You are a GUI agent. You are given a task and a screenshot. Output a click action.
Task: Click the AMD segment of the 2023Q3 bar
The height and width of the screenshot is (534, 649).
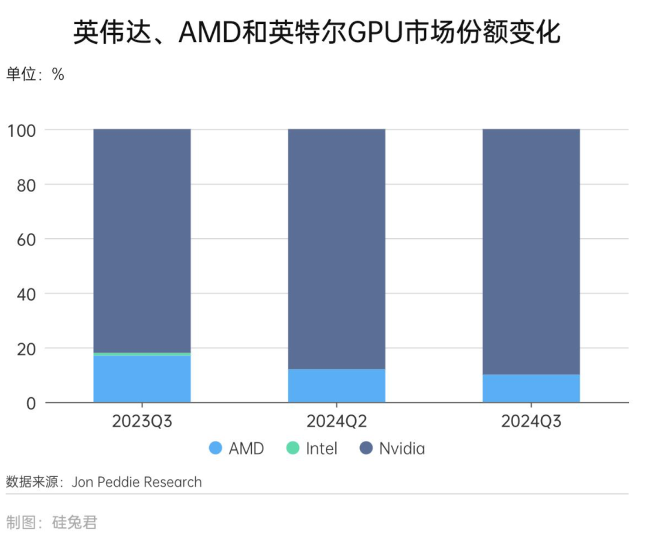tap(142, 379)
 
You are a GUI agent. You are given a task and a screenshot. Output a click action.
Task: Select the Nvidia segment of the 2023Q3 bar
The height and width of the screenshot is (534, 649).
tap(142, 240)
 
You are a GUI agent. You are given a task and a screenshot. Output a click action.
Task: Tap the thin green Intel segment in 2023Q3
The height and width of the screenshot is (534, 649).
tap(142, 354)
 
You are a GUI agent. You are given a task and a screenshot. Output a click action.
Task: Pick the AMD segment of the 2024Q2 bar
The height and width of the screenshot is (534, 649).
tap(337, 385)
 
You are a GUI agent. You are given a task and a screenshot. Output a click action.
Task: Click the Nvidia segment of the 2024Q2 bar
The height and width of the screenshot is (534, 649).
tap(337, 246)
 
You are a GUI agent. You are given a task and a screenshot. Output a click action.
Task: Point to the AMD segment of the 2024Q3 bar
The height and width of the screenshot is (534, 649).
tap(531, 388)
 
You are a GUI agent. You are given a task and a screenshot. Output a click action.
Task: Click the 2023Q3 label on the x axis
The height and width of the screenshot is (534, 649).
tap(142, 421)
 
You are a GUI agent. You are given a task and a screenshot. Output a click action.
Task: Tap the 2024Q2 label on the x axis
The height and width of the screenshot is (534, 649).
tap(337, 421)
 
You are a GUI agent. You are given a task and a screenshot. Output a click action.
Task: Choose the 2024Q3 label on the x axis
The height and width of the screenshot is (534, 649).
tap(531, 421)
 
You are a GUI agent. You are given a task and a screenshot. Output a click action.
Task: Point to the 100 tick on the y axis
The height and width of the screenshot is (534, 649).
tap(23, 130)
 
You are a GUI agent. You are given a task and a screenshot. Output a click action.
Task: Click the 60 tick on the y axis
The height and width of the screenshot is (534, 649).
tap(26, 239)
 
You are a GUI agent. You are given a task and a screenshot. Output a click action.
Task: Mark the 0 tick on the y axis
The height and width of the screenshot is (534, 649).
tap(31, 403)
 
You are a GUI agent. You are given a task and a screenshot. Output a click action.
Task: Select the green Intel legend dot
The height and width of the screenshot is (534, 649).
tap(293, 448)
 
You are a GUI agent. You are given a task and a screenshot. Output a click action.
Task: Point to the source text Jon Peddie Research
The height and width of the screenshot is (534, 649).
tap(136, 482)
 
